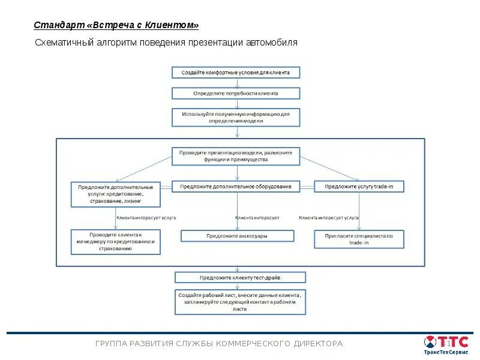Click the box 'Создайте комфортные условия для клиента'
(236, 73)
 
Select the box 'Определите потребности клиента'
(236, 94)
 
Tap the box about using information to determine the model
(236, 117)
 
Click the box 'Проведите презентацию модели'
(236, 156)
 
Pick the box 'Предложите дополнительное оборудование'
(236, 187)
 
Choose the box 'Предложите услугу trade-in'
(359, 187)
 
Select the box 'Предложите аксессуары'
(237, 236)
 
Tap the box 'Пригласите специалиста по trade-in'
(359, 239)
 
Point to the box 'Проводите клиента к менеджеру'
(116, 241)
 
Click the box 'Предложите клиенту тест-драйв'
(240, 278)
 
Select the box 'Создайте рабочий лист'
(240, 302)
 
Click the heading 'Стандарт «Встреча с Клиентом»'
(116, 25)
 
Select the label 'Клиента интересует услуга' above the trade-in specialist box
(329, 217)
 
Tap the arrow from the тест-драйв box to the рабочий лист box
(240, 287)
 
